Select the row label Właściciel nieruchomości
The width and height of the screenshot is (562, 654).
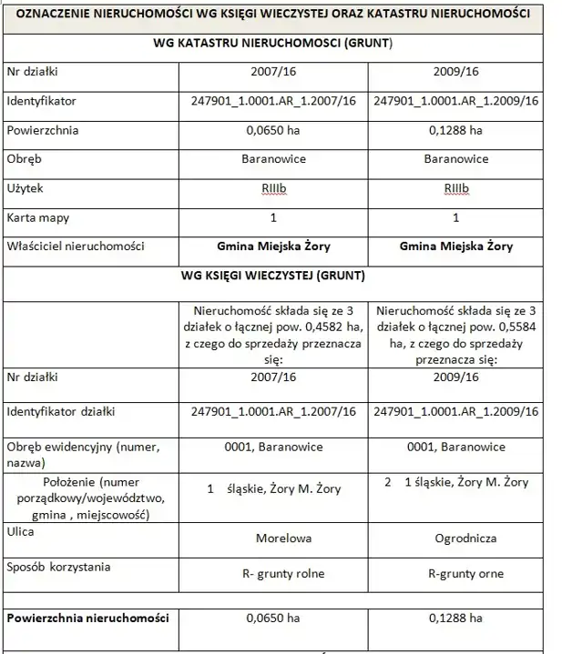click(x=76, y=247)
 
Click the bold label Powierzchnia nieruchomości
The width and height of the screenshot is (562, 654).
click(x=87, y=619)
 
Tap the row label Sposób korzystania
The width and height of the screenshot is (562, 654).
click(x=58, y=568)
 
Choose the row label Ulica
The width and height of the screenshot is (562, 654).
click(x=21, y=531)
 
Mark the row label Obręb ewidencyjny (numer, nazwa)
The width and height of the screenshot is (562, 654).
click(x=82, y=454)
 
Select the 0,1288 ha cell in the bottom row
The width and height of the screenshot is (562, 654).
click(x=456, y=619)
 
